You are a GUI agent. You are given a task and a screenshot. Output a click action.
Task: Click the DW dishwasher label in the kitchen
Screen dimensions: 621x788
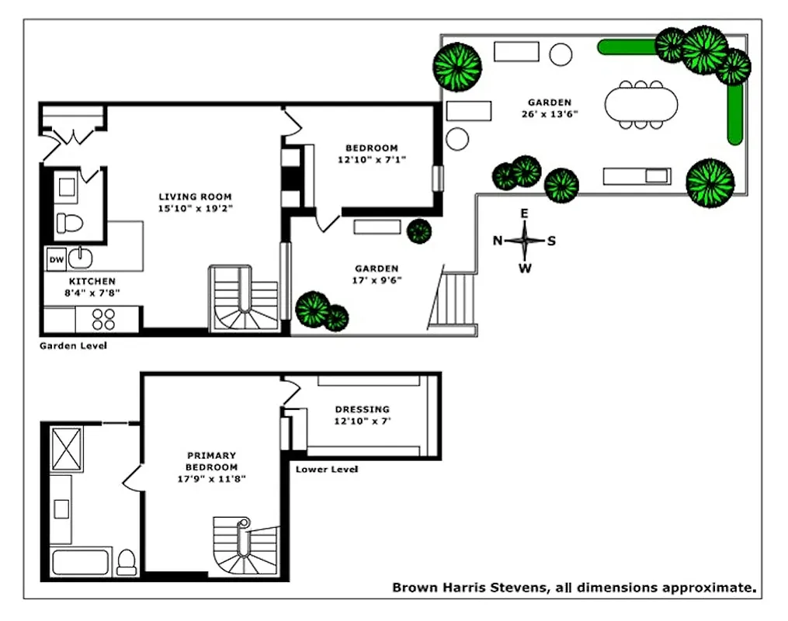tap(56, 259)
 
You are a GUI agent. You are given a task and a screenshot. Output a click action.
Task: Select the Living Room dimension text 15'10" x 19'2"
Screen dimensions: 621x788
tap(195, 209)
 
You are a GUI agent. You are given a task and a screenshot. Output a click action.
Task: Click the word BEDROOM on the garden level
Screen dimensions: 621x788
tap(371, 148)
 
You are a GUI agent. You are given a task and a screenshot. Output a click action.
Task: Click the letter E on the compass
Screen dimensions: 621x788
tap(524, 213)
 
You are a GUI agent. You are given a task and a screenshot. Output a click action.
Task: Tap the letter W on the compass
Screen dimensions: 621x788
tap(525, 269)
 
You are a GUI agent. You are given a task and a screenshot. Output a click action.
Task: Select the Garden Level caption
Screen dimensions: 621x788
tap(73, 345)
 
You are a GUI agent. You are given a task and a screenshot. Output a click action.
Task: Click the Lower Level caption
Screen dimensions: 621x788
tap(327, 469)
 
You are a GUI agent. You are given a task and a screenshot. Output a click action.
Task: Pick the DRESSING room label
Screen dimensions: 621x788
tap(362, 409)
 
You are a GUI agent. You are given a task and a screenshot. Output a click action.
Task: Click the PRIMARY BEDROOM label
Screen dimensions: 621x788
tap(211, 461)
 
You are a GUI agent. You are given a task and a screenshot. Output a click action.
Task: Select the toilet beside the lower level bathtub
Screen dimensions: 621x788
tap(126, 562)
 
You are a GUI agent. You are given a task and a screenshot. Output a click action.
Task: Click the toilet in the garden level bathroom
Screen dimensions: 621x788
tap(71, 224)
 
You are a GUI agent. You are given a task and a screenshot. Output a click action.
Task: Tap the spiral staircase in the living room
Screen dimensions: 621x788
tap(242, 301)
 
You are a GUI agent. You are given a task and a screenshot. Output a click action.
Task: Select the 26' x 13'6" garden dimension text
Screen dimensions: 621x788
tap(550, 114)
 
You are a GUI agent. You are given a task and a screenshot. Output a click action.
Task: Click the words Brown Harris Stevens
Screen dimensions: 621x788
tap(469, 588)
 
